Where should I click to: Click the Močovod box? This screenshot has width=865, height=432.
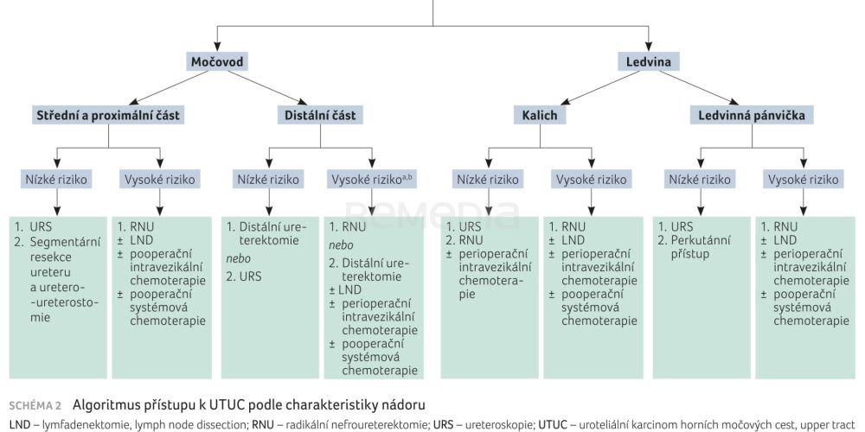(x=216, y=61)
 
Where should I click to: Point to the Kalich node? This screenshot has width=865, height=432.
(x=540, y=115)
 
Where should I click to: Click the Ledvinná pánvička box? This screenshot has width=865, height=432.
(x=753, y=115)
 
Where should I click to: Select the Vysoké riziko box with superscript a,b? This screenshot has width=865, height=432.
(x=372, y=180)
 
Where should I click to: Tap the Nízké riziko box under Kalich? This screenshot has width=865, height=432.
(x=487, y=180)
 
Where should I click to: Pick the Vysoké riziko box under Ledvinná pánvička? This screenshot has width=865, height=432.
(x=802, y=180)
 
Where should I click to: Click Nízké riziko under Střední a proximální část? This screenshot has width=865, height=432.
(x=56, y=180)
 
